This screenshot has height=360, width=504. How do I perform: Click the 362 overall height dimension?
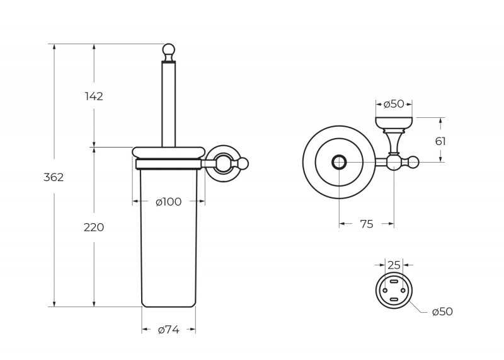tap(54, 177)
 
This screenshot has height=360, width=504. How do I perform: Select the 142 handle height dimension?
tap(94, 96)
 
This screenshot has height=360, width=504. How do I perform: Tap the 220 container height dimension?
tap(94, 228)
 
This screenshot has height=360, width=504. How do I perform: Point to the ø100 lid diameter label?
tap(169, 202)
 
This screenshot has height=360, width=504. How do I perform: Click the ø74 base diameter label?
tap(169, 330)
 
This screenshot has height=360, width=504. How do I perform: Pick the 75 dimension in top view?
tap(367, 224)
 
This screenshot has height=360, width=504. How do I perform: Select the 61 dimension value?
tap(440, 141)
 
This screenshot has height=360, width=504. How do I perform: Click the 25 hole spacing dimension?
tap(394, 265)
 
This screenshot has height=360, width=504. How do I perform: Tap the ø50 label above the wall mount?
tap(394, 104)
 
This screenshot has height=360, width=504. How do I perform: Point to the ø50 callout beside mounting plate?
tap(442, 311)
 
